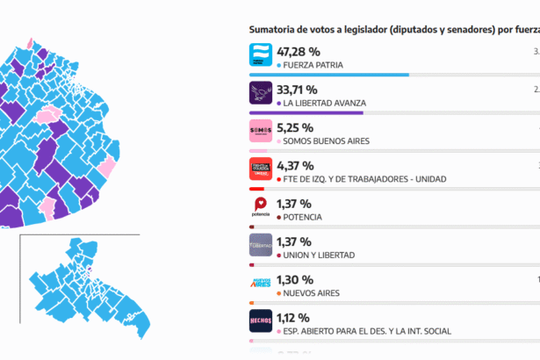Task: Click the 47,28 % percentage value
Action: coord(299,52)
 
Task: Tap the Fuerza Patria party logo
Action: coord(261,56)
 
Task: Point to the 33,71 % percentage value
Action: coord(298,90)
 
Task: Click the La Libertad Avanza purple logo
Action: coord(261,95)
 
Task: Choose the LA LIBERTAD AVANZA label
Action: coord(324,103)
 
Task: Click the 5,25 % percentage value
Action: coord(294,127)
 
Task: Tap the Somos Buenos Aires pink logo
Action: coord(261,133)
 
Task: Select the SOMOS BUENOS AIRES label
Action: coord(326,140)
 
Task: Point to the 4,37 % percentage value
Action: coord(294,165)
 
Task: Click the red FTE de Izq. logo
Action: coord(261,170)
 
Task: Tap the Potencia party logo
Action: coord(261,208)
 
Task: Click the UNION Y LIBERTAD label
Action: coord(318,255)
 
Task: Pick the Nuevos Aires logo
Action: coord(261,284)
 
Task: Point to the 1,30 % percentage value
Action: coord(294,279)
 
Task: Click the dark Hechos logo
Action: coord(261,322)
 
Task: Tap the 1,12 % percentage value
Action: coord(293,317)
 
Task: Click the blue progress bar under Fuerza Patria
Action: coord(329,75)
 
